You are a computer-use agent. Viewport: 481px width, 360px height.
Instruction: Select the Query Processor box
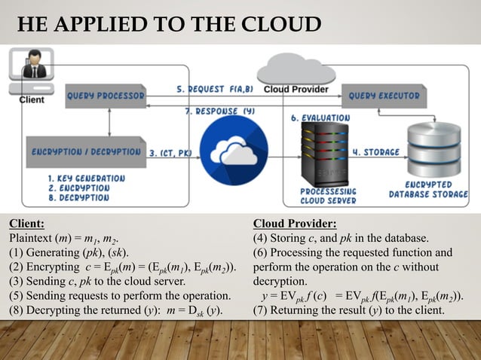[x=106, y=96]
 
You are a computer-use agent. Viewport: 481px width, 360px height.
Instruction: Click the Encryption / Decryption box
[x=85, y=151]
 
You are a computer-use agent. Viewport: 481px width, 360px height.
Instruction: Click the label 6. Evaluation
[x=320, y=117]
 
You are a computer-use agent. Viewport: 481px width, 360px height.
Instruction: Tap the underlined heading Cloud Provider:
[x=294, y=224]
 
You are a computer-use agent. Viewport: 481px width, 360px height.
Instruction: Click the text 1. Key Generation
[x=71, y=177]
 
